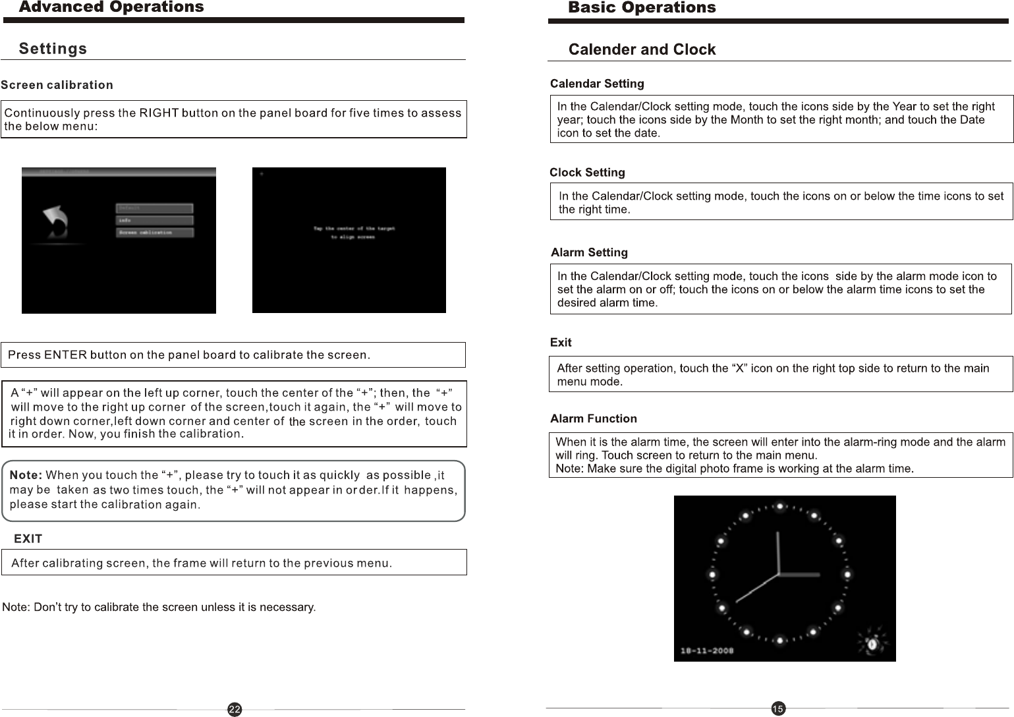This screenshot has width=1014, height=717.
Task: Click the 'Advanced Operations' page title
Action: (111, 7)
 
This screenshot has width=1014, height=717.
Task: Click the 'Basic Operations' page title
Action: (641, 8)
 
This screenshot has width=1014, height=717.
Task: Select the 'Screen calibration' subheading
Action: (57, 85)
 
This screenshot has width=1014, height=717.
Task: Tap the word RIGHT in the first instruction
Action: (159, 113)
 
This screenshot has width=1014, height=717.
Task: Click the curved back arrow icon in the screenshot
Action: (56, 223)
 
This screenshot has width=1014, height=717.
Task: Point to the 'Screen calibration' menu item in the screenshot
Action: (155, 233)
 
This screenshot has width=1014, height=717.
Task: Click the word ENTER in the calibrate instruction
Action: (65, 355)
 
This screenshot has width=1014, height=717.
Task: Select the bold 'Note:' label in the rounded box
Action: (26, 475)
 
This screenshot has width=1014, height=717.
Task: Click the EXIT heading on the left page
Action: (28, 539)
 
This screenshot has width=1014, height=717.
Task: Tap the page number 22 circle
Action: (235, 709)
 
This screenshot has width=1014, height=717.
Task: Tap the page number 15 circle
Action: (777, 708)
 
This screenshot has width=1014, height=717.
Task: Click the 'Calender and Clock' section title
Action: (642, 49)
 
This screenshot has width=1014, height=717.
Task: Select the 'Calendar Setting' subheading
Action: (597, 84)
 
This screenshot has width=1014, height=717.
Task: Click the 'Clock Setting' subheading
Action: (587, 173)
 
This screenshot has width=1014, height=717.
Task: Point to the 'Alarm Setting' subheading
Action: (589, 252)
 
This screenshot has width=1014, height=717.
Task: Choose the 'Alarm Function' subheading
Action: (593, 418)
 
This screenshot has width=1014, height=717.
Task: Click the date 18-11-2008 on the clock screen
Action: (708, 650)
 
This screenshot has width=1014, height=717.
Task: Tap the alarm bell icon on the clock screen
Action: (870, 642)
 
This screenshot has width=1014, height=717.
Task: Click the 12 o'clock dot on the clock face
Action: (779, 507)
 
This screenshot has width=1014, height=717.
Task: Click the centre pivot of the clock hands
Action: (779, 574)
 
